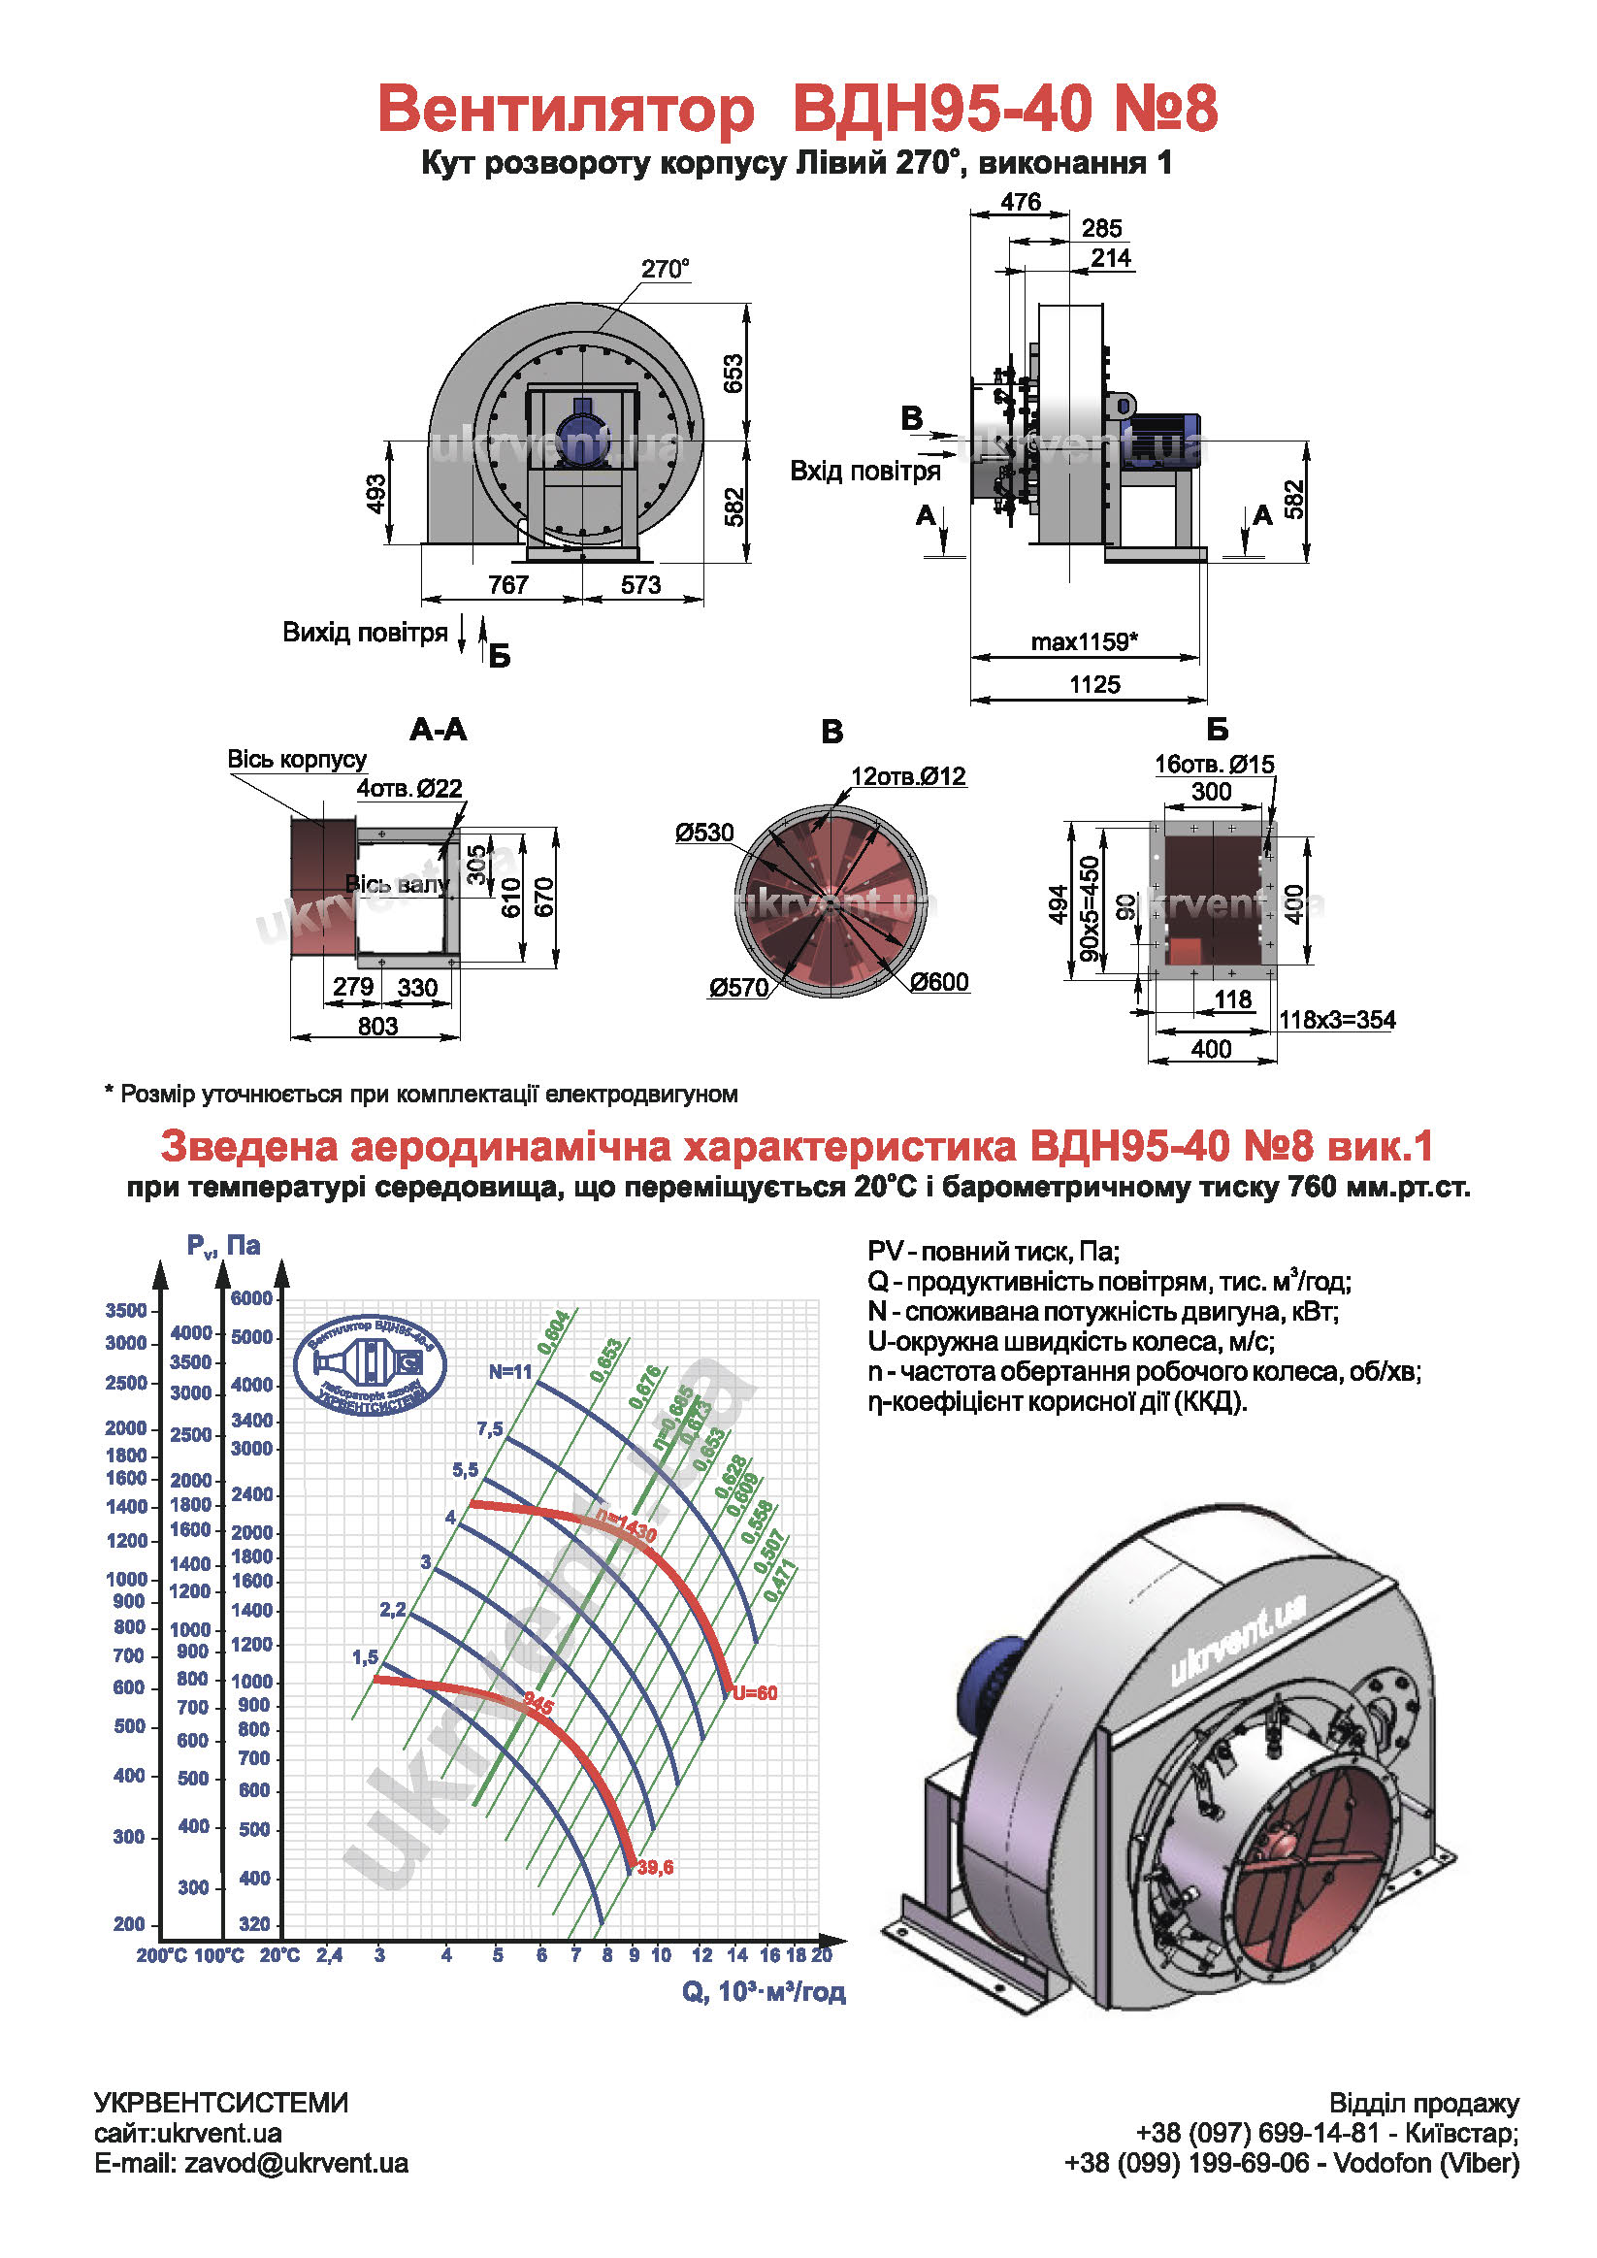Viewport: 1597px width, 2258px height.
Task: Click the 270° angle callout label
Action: coord(665,270)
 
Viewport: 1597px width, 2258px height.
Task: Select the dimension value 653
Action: coord(733,374)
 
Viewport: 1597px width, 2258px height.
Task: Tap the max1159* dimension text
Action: coord(1084,642)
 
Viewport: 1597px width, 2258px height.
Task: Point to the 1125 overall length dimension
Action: coord(1094,684)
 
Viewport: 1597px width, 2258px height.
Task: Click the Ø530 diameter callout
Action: coord(704,833)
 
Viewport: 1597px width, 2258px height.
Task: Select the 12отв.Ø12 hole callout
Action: coord(908,776)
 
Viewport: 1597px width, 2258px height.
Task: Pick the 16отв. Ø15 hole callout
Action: coord(1214,764)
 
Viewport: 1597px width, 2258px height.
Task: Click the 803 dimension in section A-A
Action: coord(377,1026)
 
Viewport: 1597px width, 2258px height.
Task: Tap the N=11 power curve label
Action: coord(510,1372)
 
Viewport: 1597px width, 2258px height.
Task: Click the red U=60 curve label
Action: coord(755,1692)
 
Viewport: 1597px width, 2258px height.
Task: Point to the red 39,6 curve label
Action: coord(655,1867)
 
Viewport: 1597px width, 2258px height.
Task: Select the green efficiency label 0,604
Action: coord(554,1331)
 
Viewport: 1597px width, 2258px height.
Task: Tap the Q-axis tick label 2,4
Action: coord(330,1955)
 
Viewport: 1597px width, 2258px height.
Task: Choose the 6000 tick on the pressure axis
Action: coord(250,1298)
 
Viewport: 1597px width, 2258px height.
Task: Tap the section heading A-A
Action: coord(438,730)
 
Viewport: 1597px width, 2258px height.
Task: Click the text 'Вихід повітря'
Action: coord(365,633)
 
